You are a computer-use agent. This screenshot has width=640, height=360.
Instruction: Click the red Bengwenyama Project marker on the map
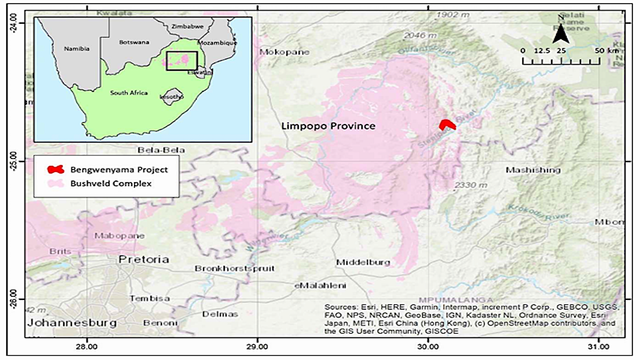(x=446, y=125)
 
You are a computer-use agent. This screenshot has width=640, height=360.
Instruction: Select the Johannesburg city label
(x=72, y=323)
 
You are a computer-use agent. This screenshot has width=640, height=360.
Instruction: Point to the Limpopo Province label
(x=328, y=126)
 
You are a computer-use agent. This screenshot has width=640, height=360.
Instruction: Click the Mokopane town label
(x=285, y=52)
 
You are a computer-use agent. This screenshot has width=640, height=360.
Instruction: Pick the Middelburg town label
(x=363, y=262)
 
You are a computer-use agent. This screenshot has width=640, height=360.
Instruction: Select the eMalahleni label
(x=320, y=285)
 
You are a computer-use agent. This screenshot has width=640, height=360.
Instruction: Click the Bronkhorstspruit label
(x=235, y=269)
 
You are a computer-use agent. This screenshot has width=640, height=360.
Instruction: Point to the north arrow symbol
(x=560, y=29)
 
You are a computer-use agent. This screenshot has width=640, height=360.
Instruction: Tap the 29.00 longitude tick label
(x=257, y=346)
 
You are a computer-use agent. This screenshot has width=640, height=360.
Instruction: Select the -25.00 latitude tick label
(x=13, y=162)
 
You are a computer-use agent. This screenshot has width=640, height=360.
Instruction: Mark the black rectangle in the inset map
(x=182, y=61)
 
